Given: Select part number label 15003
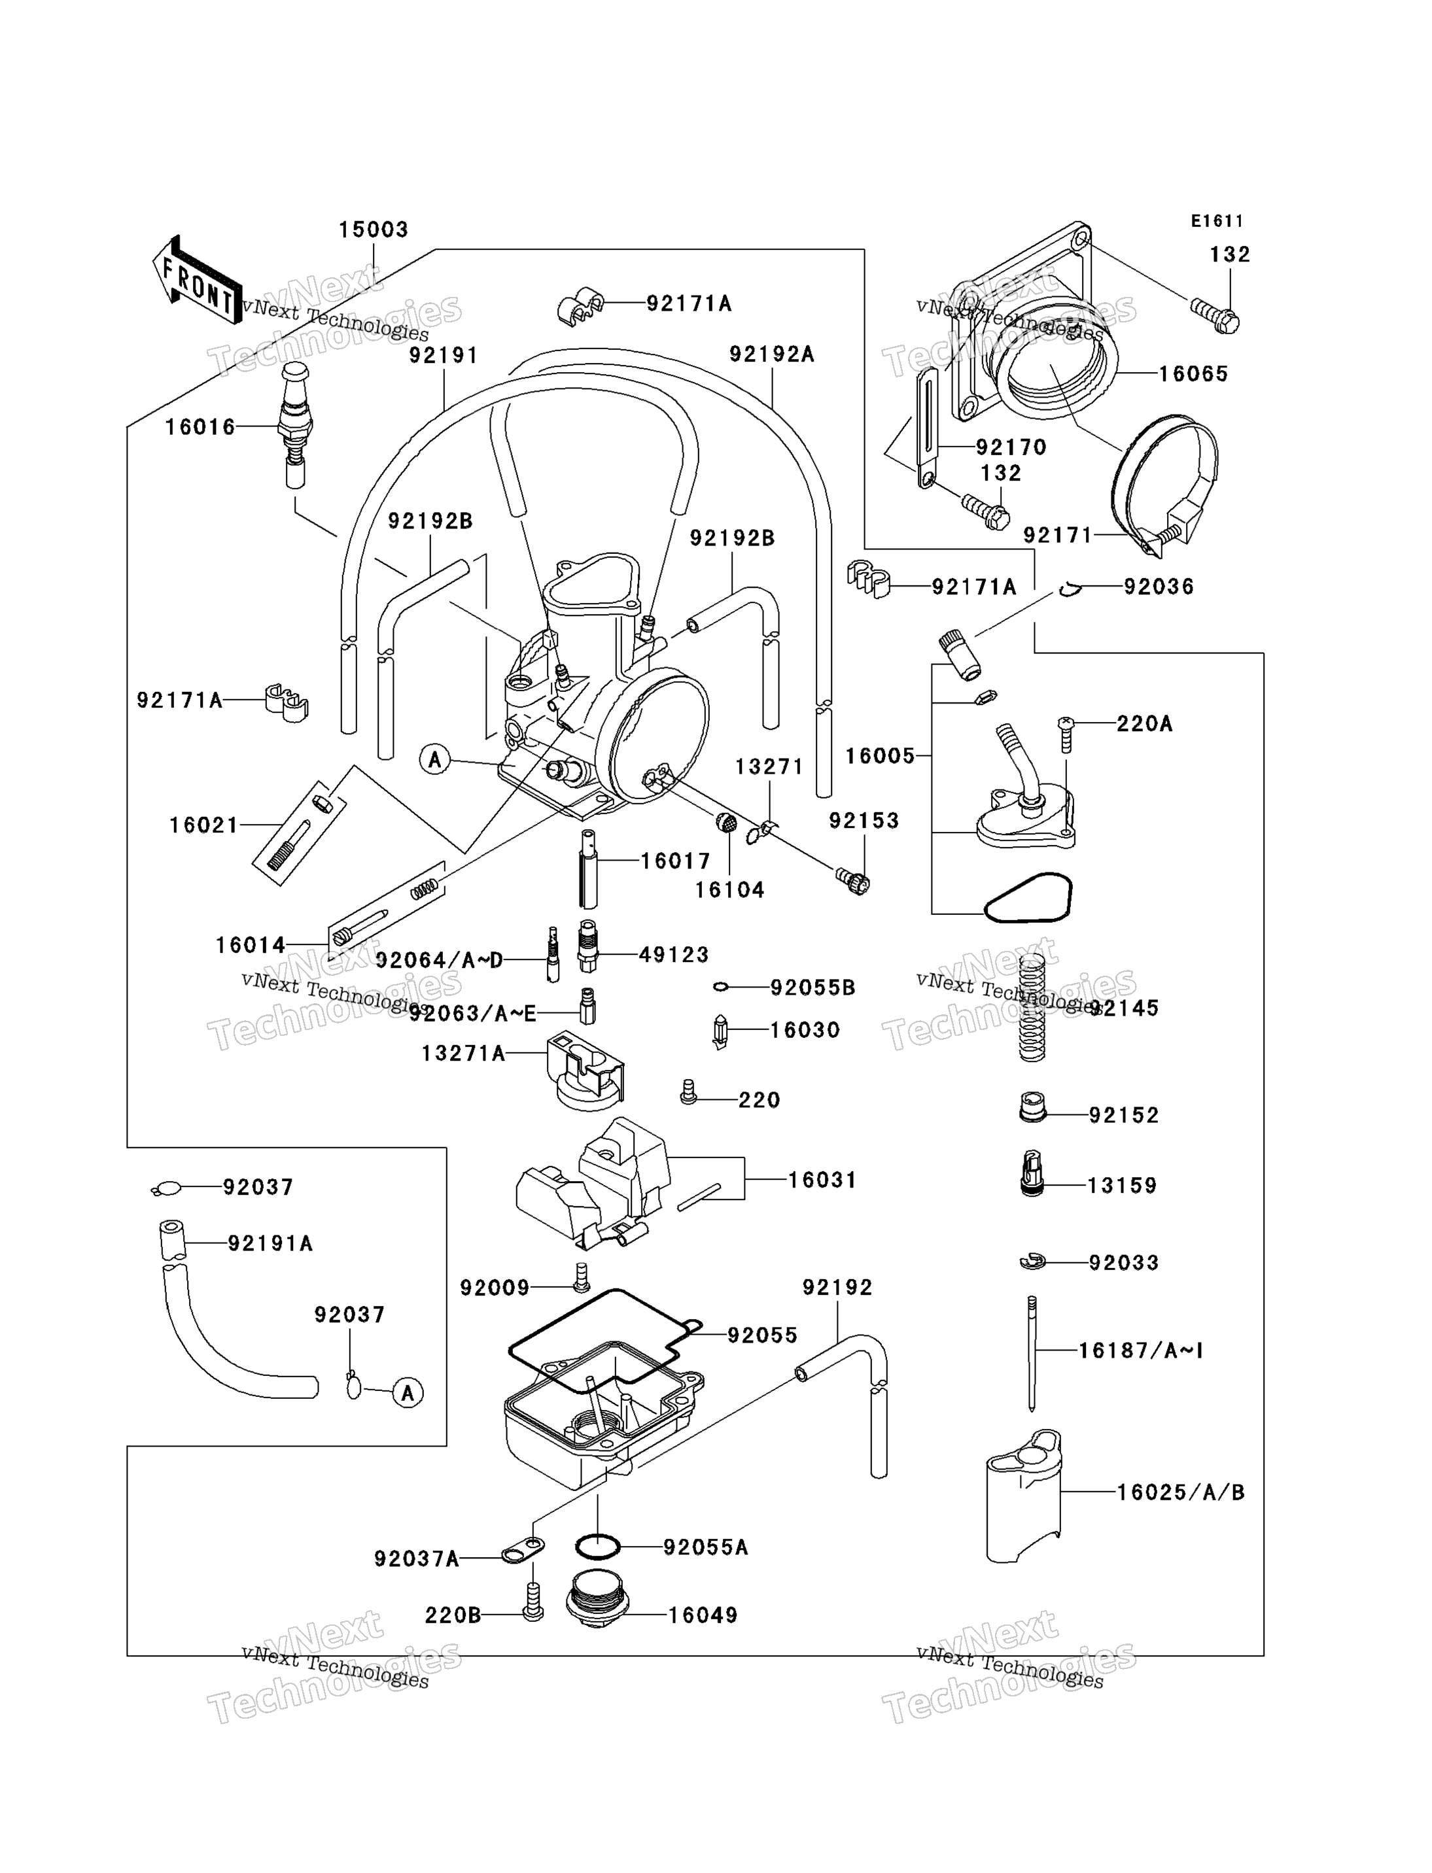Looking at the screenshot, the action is pyautogui.click(x=374, y=230).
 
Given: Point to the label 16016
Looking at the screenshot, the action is pyautogui.click(x=200, y=427).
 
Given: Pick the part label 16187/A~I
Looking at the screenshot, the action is pyautogui.click(x=1140, y=1350).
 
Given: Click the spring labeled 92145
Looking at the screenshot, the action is pyautogui.click(x=1032, y=1006).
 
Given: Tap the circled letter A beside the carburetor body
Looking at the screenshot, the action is pyautogui.click(x=436, y=759).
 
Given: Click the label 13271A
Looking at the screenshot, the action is pyautogui.click(x=464, y=1054).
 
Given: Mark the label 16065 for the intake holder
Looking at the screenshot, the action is pyautogui.click(x=1193, y=374).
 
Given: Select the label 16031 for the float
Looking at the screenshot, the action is pyautogui.click(x=822, y=1180).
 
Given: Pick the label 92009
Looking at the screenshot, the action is pyautogui.click(x=495, y=1288).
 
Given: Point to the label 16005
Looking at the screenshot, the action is pyautogui.click(x=881, y=756).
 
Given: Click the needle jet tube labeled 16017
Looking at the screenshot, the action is pyautogui.click(x=588, y=868).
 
